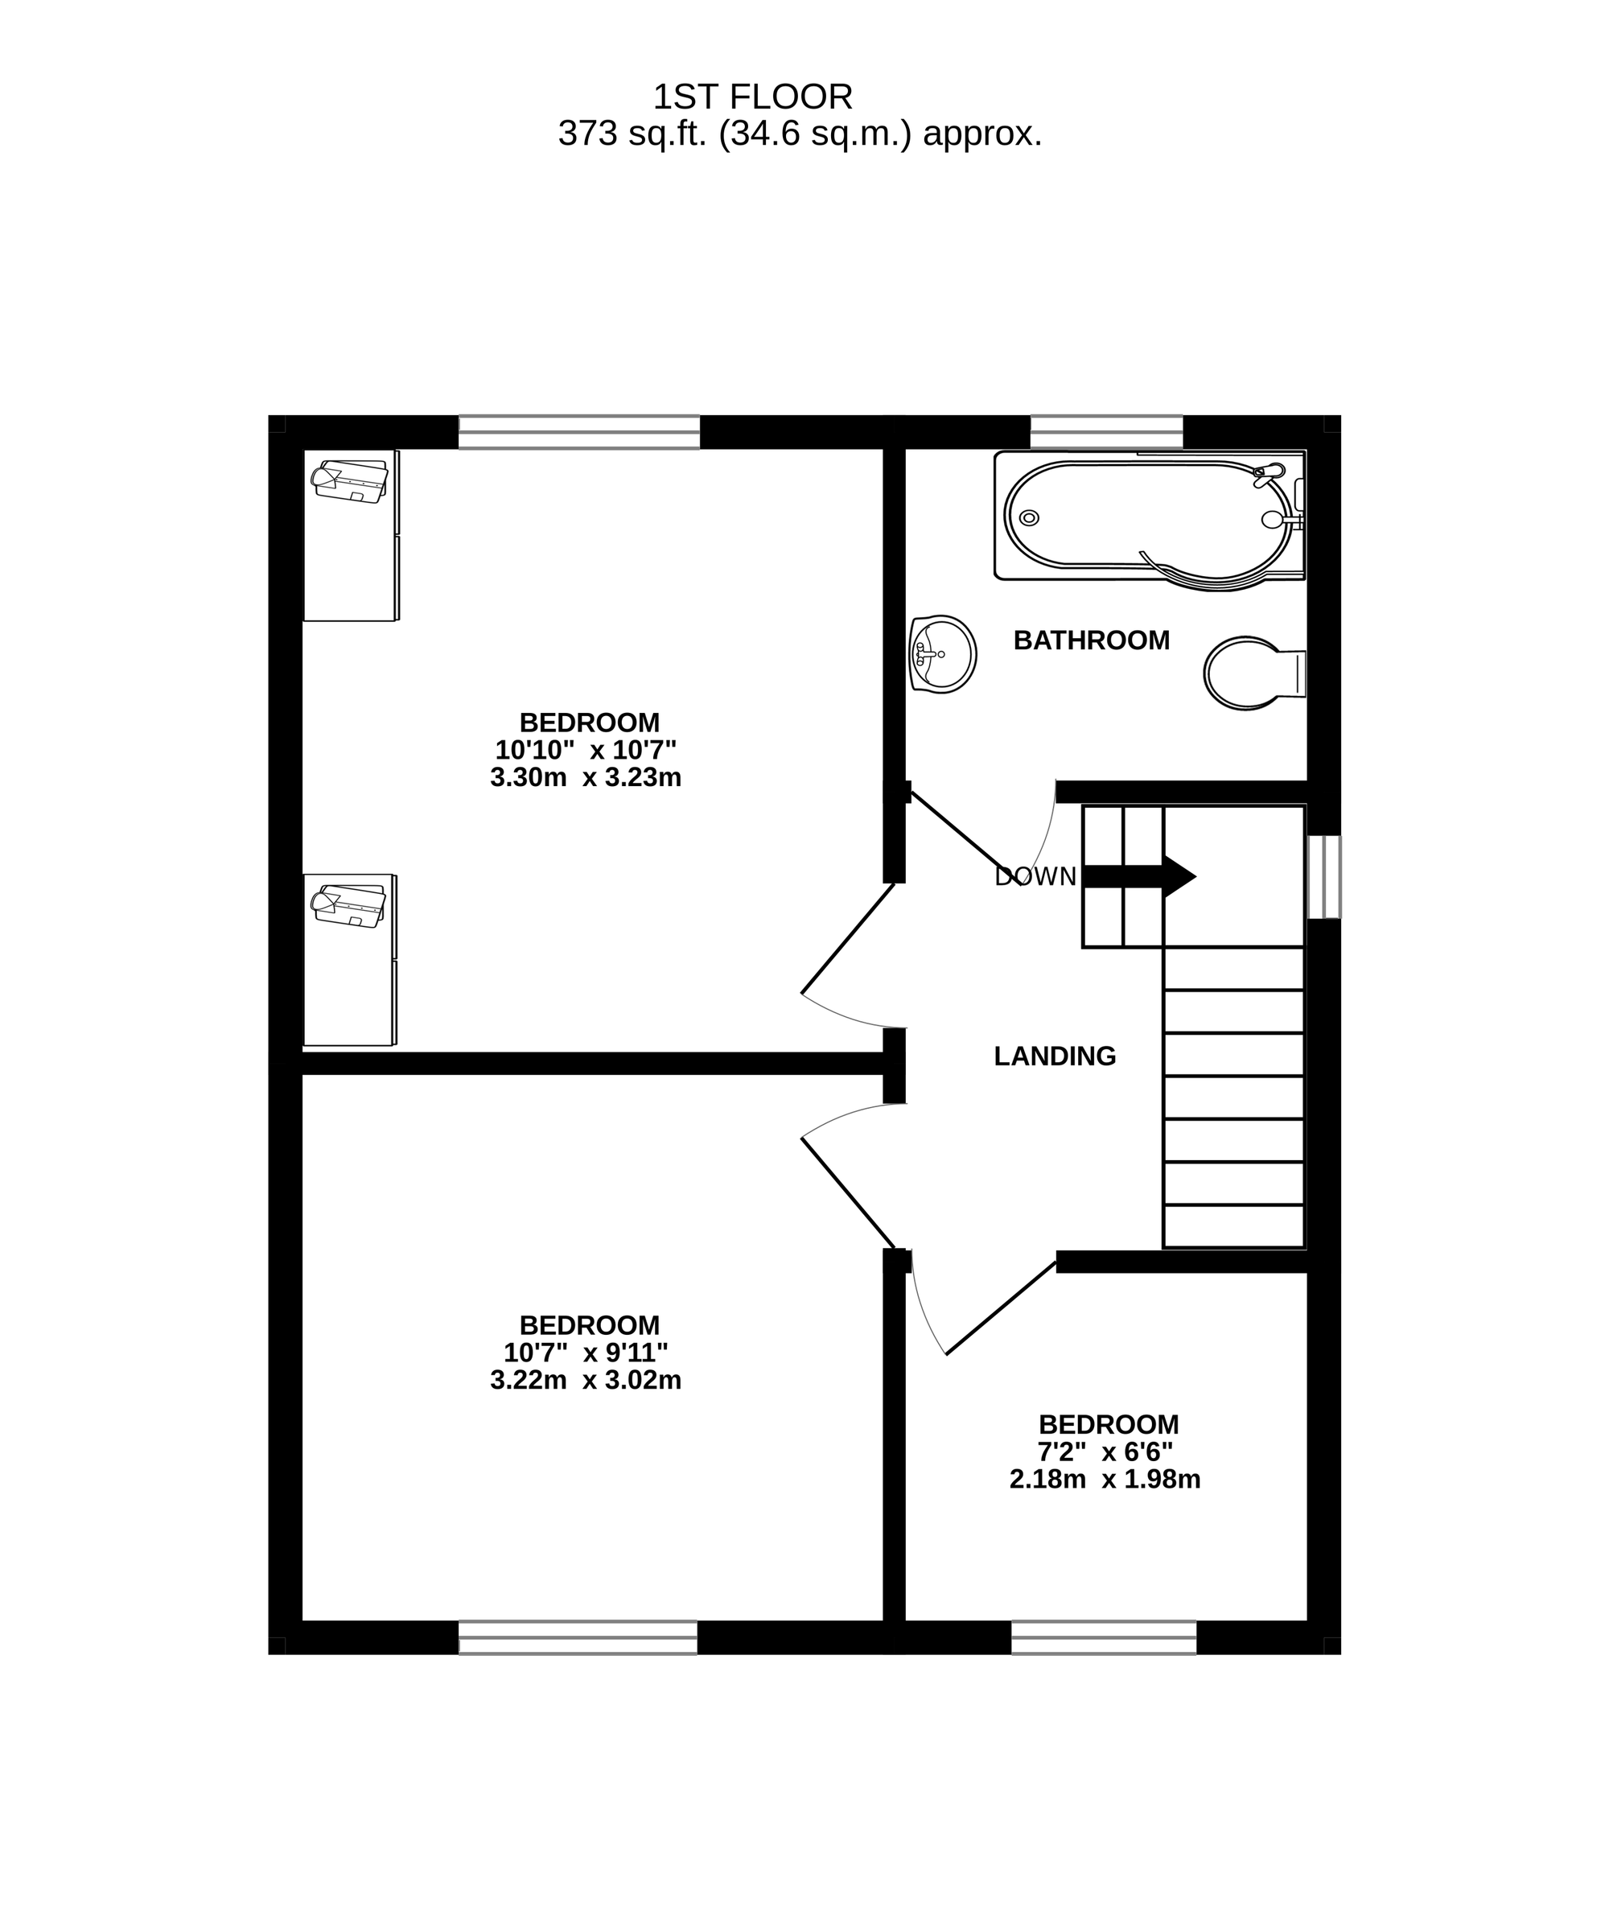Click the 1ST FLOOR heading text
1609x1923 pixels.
[x=753, y=97]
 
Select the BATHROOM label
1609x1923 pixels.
[x=1092, y=640]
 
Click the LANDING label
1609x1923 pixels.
[x=1055, y=1056]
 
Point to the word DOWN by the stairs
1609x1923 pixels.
[x=1035, y=876]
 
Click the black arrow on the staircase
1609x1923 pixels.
[x=1139, y=876]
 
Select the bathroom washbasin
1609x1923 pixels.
[x=943, y=654]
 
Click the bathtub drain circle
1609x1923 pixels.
[x=1029, y=518]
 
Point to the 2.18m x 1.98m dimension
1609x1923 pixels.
[x=1105, y=1479]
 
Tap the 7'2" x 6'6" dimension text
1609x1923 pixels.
[x=1105, y=1452]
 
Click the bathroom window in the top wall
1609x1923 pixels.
[x=1106, y=432]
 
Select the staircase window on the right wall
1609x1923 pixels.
[x=1323, y=876]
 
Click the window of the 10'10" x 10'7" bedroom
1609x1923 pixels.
[x=578, y=432]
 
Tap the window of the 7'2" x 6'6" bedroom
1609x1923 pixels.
[x=1104, y=1637]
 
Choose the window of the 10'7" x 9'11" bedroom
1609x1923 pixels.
[x=578, y=1637]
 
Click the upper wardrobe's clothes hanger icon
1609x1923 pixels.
[x=350, y=481]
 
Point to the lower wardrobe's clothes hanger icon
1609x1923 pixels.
[x=349, y=906]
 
